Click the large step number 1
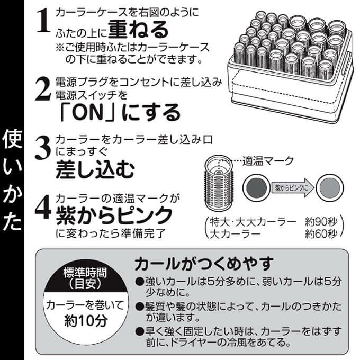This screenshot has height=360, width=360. (x=43, y=21)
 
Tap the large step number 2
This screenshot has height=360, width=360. (x=43, y=89)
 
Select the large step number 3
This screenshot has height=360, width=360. (x=43, y=148)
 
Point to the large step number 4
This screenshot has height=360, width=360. (x=43, y=206)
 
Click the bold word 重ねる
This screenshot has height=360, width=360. (x=138, y=30)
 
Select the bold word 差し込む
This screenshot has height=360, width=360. (x=95, y=169)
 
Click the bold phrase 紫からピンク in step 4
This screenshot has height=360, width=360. (x=114, y=215)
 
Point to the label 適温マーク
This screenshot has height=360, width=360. (x=268, y=161)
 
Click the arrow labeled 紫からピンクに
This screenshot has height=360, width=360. (x=293, y=188)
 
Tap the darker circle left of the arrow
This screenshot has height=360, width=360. (x=256, y=188)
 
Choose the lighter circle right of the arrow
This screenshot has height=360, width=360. (x=330, y=188)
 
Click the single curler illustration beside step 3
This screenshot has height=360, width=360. (x=219, y=183)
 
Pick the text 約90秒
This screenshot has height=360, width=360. (x=321, y=221)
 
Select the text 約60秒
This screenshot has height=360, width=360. (x=321, y=233)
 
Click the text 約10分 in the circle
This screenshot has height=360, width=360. (x=86, y=320)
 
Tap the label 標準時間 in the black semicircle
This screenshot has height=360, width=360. (x=85, y=273)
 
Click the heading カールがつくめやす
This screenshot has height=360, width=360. (x=204, y=264)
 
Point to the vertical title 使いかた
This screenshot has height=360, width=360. (x=12, y=180)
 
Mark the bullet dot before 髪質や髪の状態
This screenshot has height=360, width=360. (x=140, y=307)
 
